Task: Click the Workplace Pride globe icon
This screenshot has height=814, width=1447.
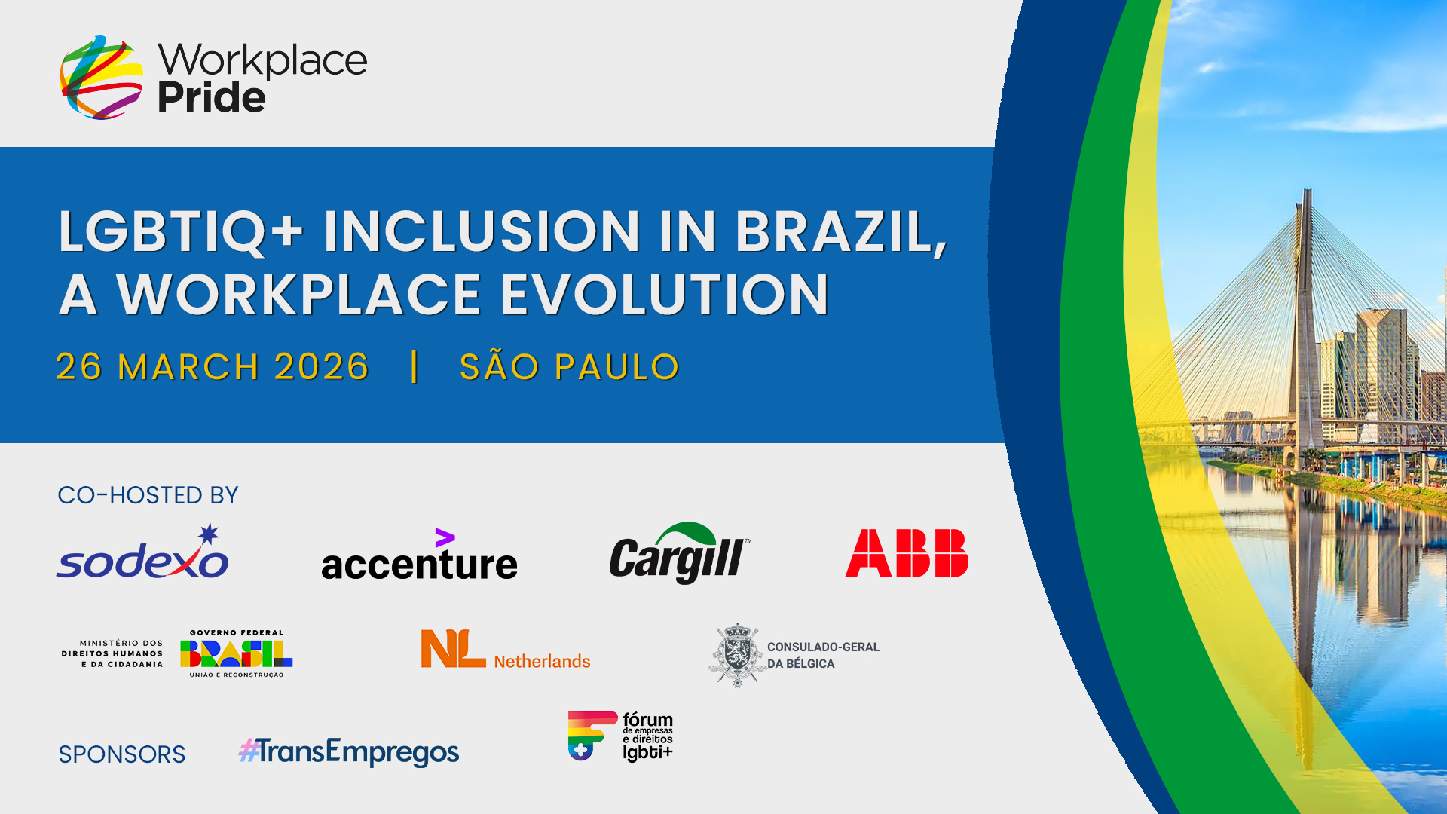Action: click(x=102, y=77)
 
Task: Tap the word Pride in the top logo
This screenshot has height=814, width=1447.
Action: click(x=212, y=97)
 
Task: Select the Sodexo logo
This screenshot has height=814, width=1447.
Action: click(x=142, y=552)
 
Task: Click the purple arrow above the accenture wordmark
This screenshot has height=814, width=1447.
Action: click(x=445, y=537)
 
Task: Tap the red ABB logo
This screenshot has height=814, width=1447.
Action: click(x=907, y=553)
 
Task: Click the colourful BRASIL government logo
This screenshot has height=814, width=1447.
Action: click(x=237, y=653)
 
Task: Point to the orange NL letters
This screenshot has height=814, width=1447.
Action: click(x=453, y=648)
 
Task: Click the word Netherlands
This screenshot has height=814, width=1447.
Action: click(x=542, y=661)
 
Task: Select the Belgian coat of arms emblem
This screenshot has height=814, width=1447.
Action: click(x=737, y=655)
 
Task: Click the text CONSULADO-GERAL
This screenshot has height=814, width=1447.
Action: click(x=823, y=647)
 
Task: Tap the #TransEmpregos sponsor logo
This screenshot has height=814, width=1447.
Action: click(x=349, y=751)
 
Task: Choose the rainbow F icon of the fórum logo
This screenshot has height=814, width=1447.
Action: click(x=592, y=736)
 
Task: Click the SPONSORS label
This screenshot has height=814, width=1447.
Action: click(x=122, y=754)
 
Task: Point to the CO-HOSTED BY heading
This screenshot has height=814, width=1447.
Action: click(x=148, y=495)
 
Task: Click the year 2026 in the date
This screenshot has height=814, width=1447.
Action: click(x=321, y=367)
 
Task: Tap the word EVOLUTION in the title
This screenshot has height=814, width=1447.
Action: click(x=665, y=294)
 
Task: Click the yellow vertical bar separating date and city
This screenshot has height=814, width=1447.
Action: click(x=415, y=366)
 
